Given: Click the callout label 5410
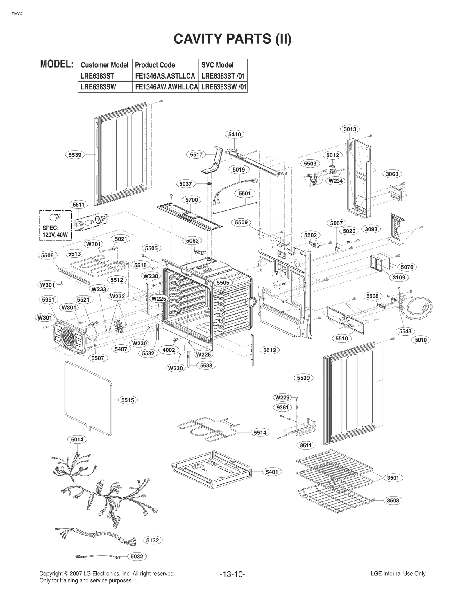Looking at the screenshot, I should coord(234,134).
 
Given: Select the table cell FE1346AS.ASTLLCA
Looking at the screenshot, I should coord(165,76).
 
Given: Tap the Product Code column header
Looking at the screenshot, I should coord(155,65).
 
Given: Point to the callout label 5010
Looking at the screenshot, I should coord(421,340).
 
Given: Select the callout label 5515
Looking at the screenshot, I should coord(128,400).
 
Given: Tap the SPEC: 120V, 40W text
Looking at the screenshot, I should coord(55,231).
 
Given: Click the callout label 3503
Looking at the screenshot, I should coord(393,500).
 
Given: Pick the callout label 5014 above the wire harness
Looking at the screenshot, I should coord(77,439).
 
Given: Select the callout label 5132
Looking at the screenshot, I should coord(153,540).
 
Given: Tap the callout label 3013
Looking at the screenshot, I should coord(350,129).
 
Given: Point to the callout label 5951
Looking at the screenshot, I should coord(48,299).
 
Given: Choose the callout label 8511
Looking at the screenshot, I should coord(305,445).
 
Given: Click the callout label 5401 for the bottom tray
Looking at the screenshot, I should coord(272,472).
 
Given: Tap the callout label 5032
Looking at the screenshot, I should coord(137,556).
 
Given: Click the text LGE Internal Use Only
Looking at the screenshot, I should coord(398,573).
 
